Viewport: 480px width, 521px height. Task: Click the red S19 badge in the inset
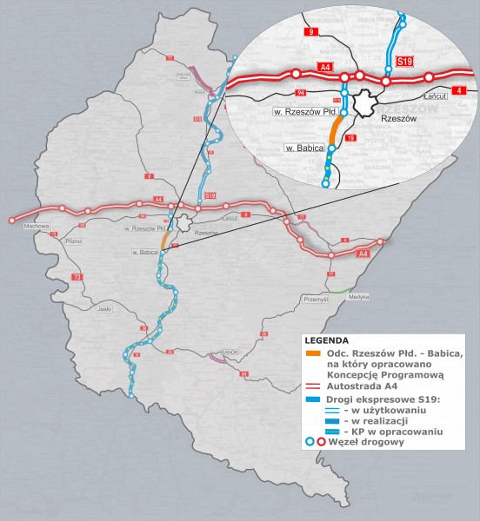pyautogui.click(x=403, y=62)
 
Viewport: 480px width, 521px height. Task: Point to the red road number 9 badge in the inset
pyautogui.click(x=310, y=32)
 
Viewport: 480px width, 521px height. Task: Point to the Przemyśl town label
pyautogui.click(x=312, y=298)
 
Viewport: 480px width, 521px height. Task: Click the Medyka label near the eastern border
pyautogui.click(x=358, y=297)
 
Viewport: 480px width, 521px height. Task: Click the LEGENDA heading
pyautogui.click(x=327, y=340)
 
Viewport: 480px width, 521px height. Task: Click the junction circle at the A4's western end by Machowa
pyautogui.click(x=12, y=221)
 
